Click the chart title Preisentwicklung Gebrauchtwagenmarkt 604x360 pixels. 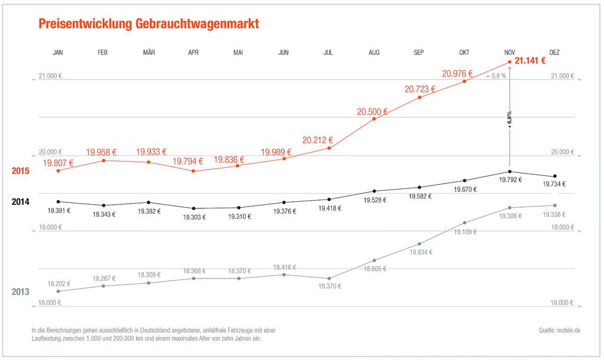coord(149,24)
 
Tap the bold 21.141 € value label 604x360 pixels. coord(530,60)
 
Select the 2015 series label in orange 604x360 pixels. coord(21,171)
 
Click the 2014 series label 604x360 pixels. coord(21,202)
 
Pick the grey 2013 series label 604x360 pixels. coord(21,292)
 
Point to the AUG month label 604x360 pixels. coord(374,53)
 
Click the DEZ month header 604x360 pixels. coord(554,53)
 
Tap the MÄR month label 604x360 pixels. coord(149,53)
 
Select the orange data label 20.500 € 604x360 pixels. coord(372,112)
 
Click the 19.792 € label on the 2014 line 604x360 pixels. coord(510,179)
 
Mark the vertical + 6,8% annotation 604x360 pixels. coord(510,119)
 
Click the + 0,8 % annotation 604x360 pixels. coord(496,76)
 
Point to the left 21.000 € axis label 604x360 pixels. coord(50,76)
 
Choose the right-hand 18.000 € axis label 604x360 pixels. coord(562,303)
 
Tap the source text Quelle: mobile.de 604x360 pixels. coord(559,330)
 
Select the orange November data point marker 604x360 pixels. coord(510,62)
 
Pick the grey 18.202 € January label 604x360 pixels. coord(59,284)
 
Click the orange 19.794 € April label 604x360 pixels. coord(188,161)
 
